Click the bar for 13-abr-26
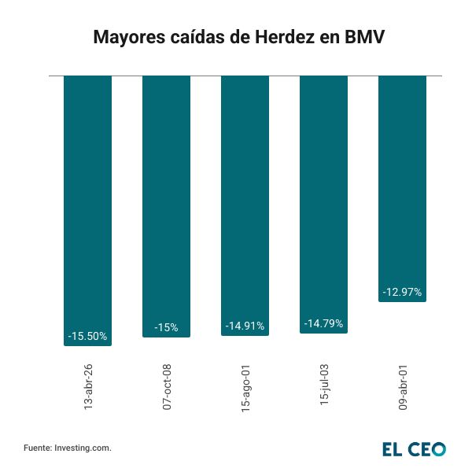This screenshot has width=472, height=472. tap(87, 205)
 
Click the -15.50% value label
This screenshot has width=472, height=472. tap(87, 336)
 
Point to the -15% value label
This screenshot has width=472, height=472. tap(166, 327)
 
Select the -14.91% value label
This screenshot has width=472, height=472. tap(245, 326)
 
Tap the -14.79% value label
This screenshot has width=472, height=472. tap(323, 323)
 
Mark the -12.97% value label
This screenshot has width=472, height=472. tap(402, 292)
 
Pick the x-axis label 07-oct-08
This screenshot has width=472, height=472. tap(167, 386)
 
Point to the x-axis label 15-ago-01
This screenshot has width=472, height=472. tap(245, 386)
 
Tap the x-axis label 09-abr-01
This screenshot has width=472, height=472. tap(403, 386)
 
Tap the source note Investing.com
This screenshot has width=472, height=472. tap(83, 448)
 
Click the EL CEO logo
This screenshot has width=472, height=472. tap(414, 448)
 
